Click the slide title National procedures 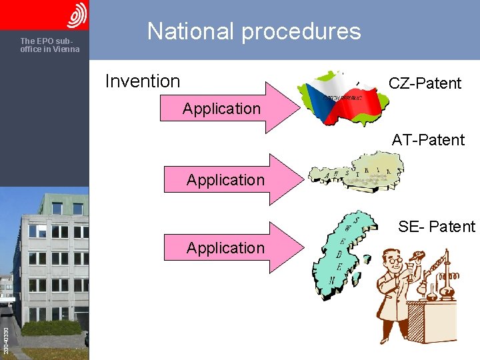253,31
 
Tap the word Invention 143,81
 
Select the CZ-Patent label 425,83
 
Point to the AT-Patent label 428,140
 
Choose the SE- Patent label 437,227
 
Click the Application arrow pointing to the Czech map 227,108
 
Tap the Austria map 354,172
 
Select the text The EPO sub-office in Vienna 50,45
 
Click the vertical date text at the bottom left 5,340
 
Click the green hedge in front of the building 51,328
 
